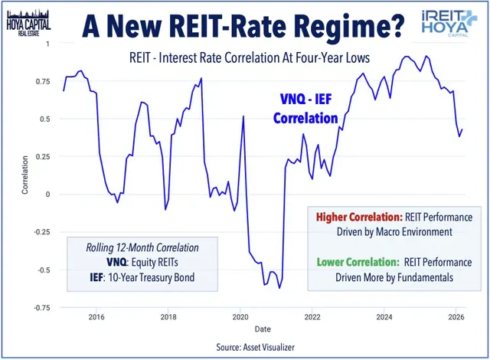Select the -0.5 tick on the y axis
click(41, 270)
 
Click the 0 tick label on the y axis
click(46, 195)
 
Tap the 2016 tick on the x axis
click(96, 316)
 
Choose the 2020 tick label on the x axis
click(240, 316)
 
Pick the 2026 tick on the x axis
click(456, 316)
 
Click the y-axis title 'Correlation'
click(25, 175)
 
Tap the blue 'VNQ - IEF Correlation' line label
click(305, 109)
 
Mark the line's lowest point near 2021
click(280, 288)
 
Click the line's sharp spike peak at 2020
click(243, 116)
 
